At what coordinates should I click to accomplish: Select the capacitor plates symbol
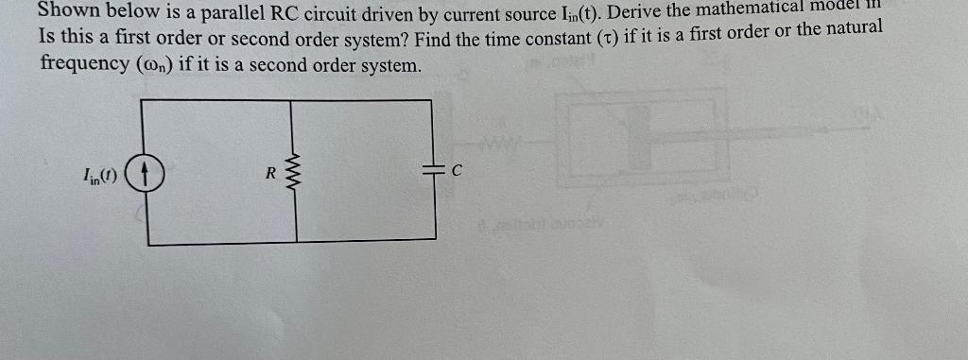coord(434,170)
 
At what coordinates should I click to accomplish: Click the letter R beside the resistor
coord(270,173)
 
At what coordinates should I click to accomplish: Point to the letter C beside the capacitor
coord(457,171)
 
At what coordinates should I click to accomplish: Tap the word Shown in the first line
coord(67,12)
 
